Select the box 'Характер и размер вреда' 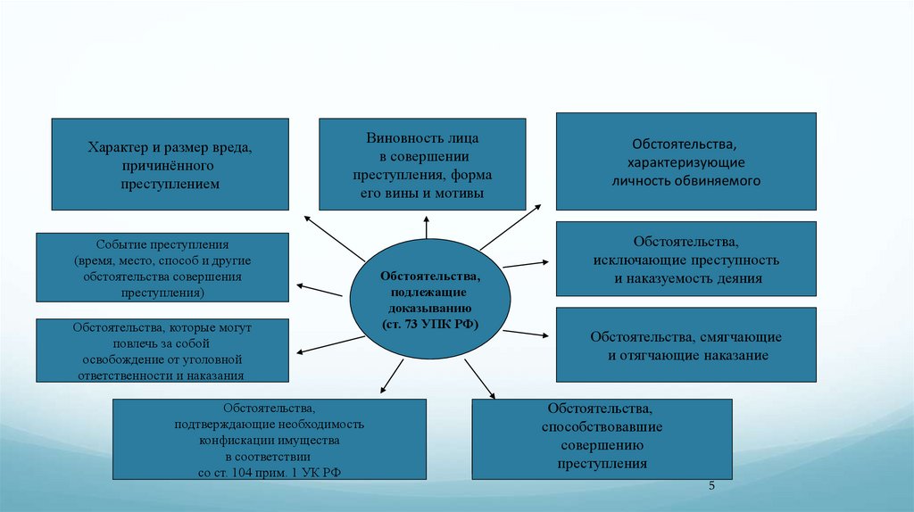point(170,165)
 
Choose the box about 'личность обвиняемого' point(685,161)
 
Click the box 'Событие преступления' point(162,268)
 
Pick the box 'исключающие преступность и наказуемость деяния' point(685,260)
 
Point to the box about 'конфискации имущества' point(269,441)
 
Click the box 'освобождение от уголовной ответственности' point(162,351)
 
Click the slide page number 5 point(712,486)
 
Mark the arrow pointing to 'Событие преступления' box point(319,290)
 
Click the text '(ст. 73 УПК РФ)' point(428,324)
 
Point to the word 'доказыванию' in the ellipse point(428,308)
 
